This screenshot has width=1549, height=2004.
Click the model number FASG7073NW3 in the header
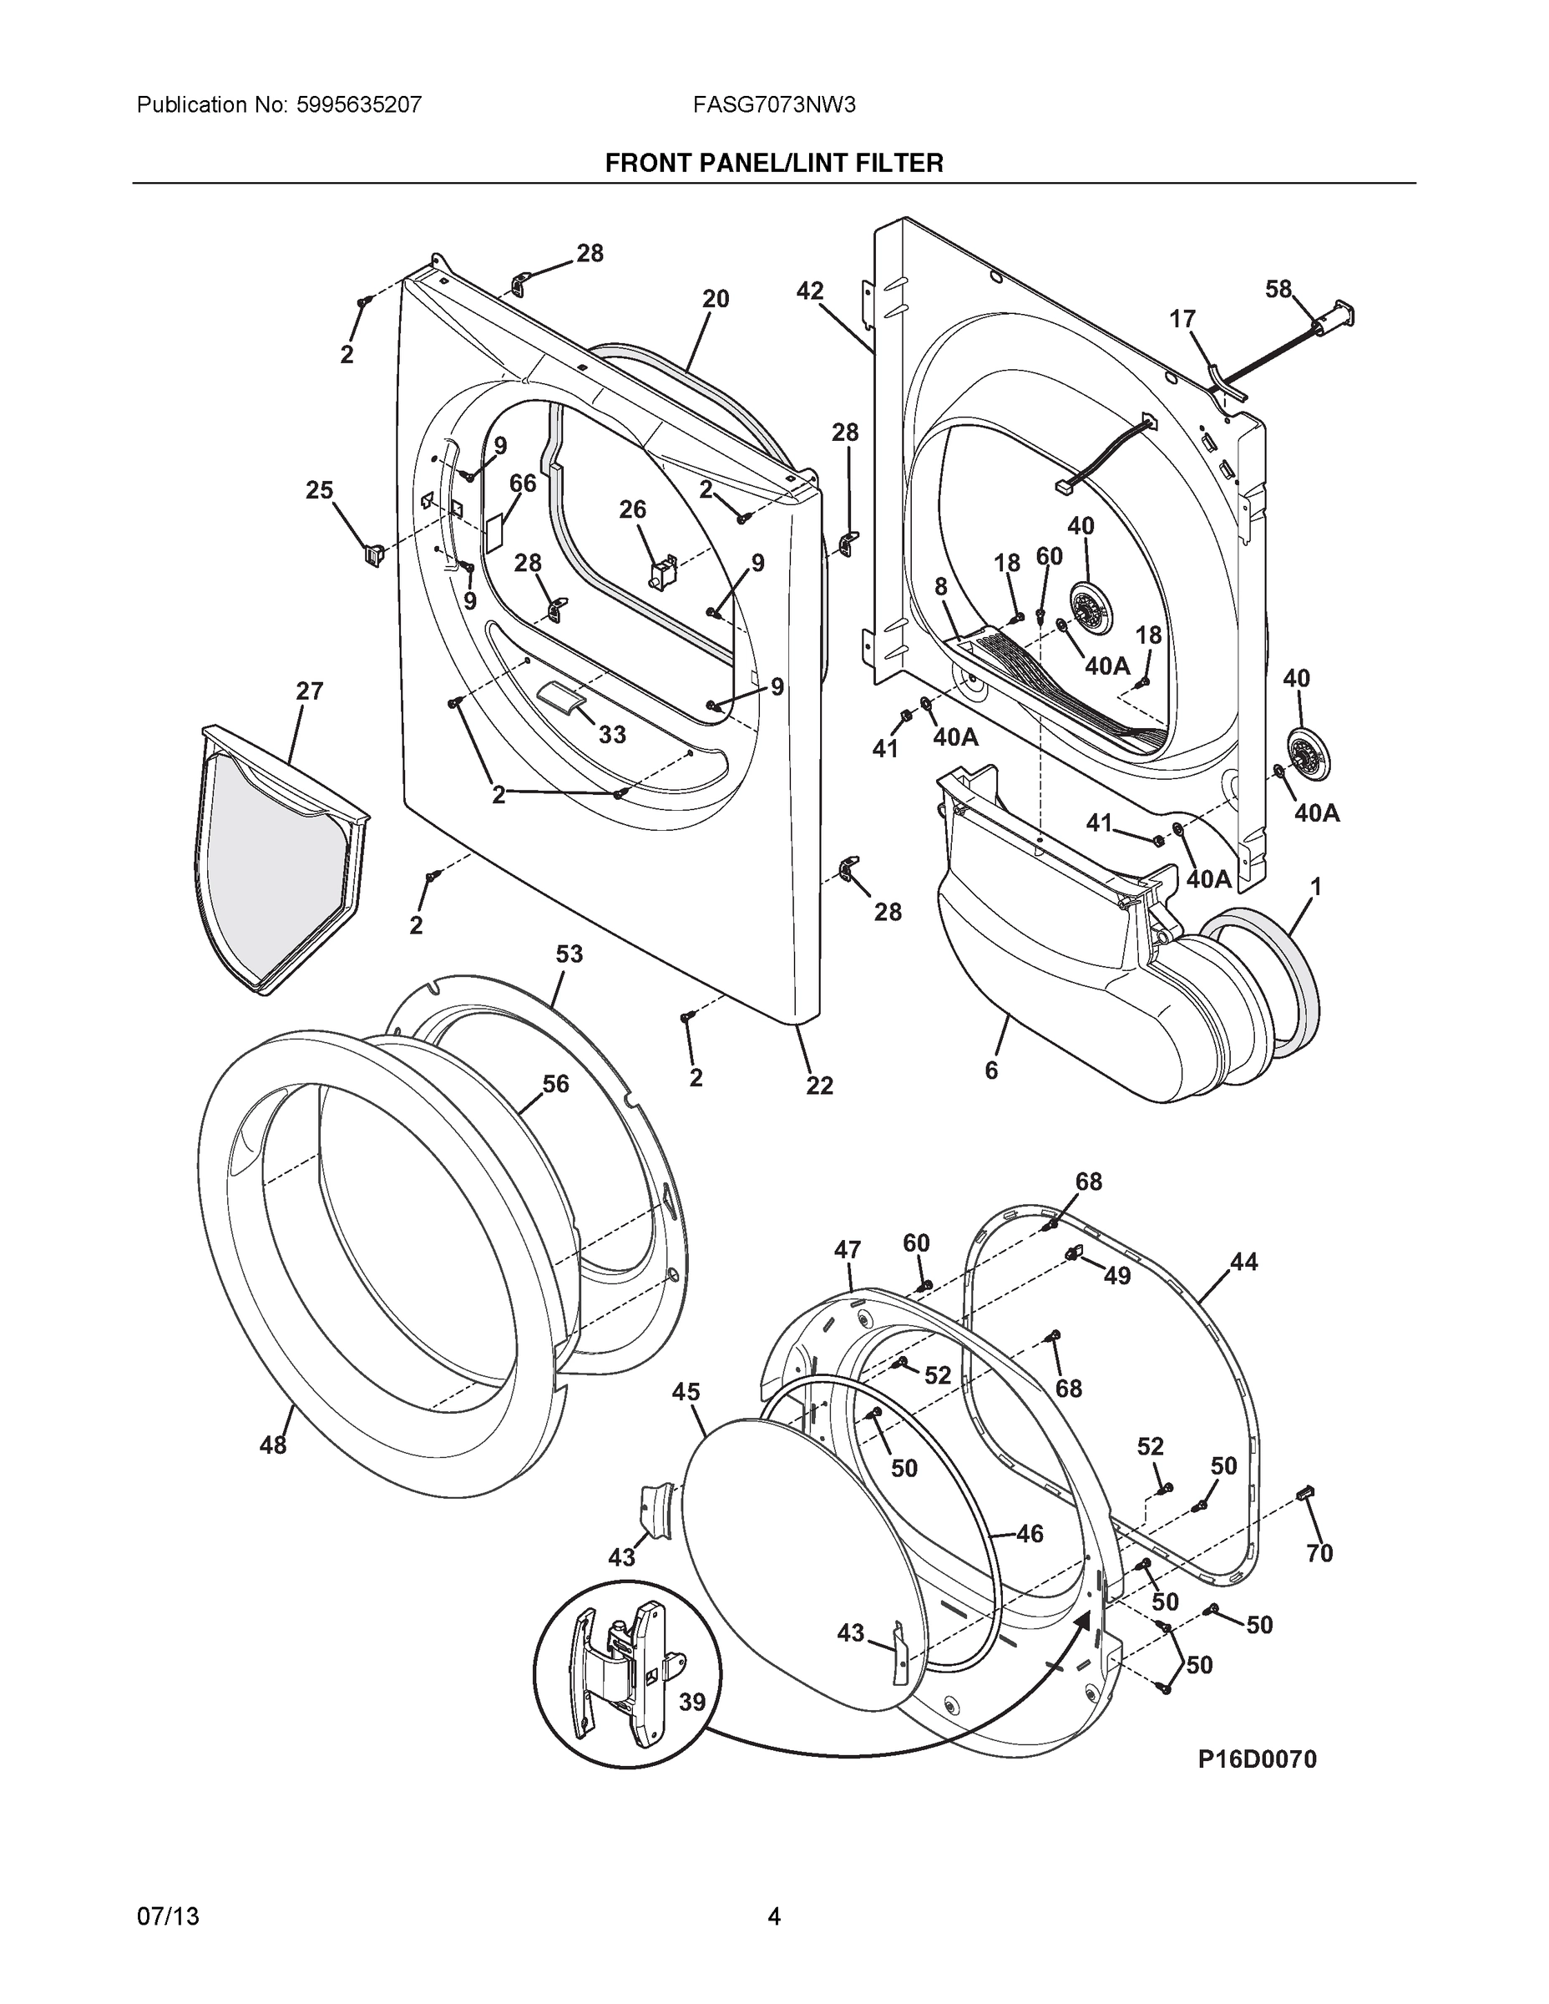point(775,104)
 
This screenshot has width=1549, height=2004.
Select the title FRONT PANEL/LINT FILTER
point(773,164)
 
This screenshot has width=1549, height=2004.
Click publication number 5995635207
point(360,104)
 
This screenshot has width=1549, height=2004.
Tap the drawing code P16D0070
point(1256,1759)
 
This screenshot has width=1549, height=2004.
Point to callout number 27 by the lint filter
point(309,691)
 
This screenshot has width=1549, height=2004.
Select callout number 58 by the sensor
point(1278,289)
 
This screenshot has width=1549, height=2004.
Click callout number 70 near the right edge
point(1319,1552)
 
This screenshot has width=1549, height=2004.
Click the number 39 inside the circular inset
point(692,1702)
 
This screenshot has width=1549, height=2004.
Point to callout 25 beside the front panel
point(319,490)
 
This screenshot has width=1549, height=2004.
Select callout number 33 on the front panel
point(612,734)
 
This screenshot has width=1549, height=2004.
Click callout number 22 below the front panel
point(819,1085)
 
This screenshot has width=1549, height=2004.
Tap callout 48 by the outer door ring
point(272,1446)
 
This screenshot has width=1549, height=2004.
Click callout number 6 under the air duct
point(991,1070)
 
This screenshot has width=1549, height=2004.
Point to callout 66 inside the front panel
point(522,483)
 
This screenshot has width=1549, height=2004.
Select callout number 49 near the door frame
point(1116,1275)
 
